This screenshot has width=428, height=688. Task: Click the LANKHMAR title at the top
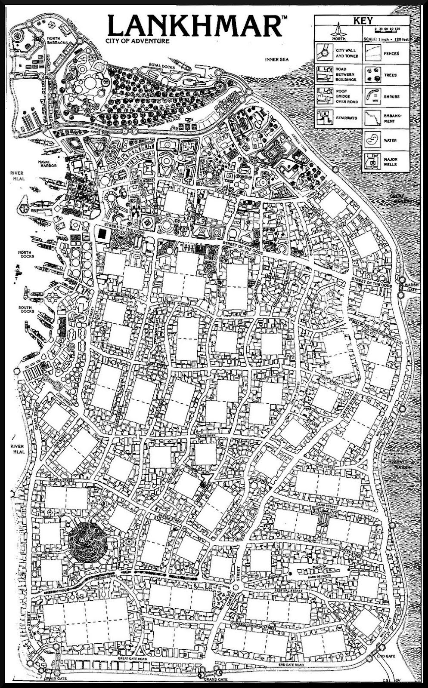coord(195,26)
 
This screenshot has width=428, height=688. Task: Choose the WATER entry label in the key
coord(391,141)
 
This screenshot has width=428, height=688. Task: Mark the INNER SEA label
coord(276,60)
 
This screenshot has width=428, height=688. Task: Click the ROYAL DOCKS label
coord(160,65)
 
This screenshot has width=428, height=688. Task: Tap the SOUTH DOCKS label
coord(25,310)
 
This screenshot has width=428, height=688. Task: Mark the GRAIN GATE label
coord(55,679)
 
